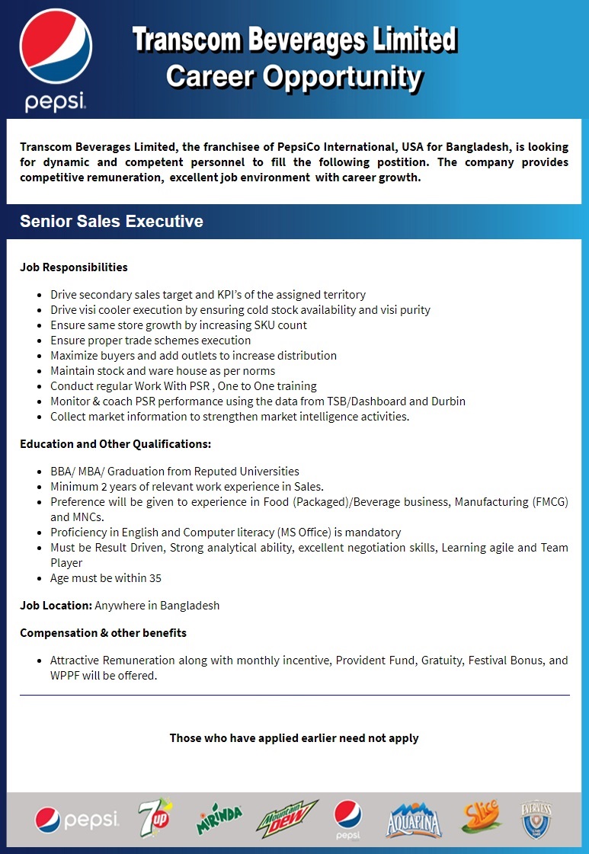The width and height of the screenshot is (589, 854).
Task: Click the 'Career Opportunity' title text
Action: point(293,76)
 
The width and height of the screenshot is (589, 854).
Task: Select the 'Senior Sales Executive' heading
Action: point(111,222)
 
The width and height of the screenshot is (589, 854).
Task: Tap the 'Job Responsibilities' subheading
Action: point(74,267)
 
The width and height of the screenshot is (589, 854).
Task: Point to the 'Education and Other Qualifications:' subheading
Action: point(115,443)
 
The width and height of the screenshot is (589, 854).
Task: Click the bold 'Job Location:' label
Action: point(56,605)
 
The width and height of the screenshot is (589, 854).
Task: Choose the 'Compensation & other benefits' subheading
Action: point(103,632)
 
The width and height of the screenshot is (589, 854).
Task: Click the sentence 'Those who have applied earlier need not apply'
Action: point(294,737)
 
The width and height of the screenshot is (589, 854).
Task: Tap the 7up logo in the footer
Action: point(156,819)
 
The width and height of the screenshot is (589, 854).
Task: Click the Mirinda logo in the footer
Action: point(219,819)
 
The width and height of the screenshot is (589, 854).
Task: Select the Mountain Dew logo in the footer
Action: point(286,819)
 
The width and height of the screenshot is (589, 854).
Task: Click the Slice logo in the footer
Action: point(480,817)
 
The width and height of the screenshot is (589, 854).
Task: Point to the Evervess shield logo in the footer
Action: point(536,819)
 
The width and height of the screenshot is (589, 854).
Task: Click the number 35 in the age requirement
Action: point(155,577)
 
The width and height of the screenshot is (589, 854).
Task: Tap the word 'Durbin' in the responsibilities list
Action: point(447,401)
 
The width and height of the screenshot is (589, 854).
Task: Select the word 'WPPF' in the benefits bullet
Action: point(66,675)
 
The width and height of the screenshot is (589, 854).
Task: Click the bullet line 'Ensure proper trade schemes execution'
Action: point(150,340)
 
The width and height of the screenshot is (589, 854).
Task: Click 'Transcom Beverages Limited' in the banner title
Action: point(294,40)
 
